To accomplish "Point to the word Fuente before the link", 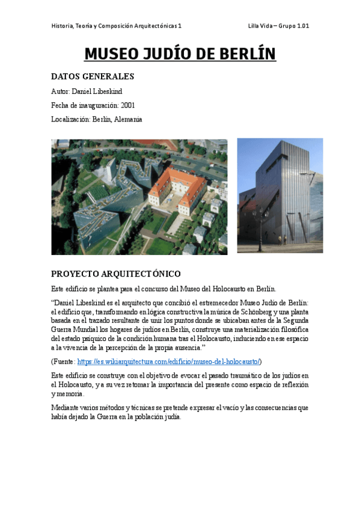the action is point(65,361).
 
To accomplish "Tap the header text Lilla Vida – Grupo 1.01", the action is point(278,26).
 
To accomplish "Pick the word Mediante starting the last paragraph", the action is point(65,408).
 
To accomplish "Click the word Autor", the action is point(60,91).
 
